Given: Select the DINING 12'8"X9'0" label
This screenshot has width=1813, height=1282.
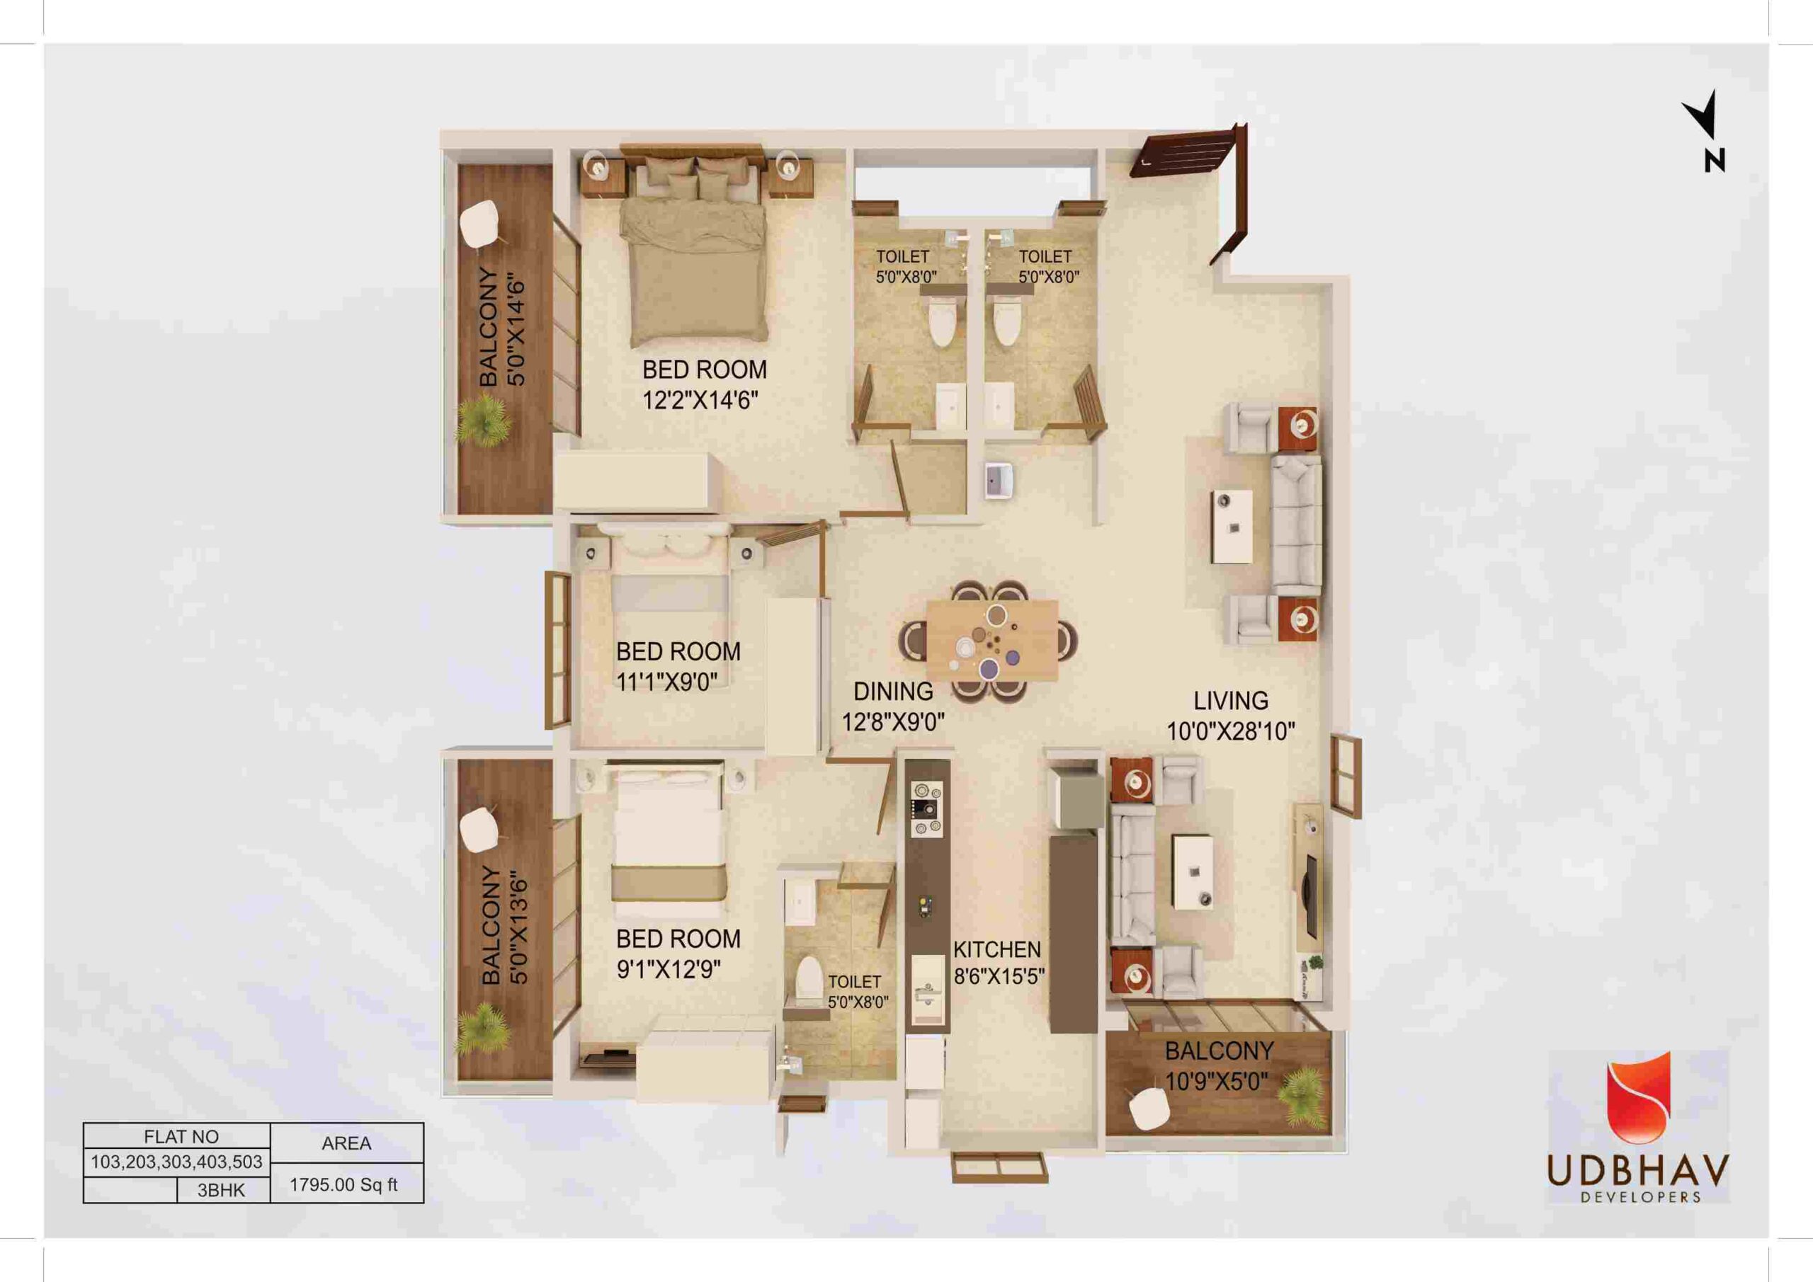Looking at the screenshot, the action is coord(893,706).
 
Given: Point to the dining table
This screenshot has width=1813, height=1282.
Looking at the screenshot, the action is coord(991,640).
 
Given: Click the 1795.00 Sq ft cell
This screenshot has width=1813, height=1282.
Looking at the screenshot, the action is coord(346,1185).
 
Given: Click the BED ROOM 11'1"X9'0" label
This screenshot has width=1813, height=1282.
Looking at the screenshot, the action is coord(678,666).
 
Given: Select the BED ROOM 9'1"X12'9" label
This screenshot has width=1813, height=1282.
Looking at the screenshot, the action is coord(678,954).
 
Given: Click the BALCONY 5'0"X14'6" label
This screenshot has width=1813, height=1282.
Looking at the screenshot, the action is coord(502,328).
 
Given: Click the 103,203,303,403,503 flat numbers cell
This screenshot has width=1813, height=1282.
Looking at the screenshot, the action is coord(177,1163).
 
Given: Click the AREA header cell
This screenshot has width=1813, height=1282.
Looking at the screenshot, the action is coord(346,1143).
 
